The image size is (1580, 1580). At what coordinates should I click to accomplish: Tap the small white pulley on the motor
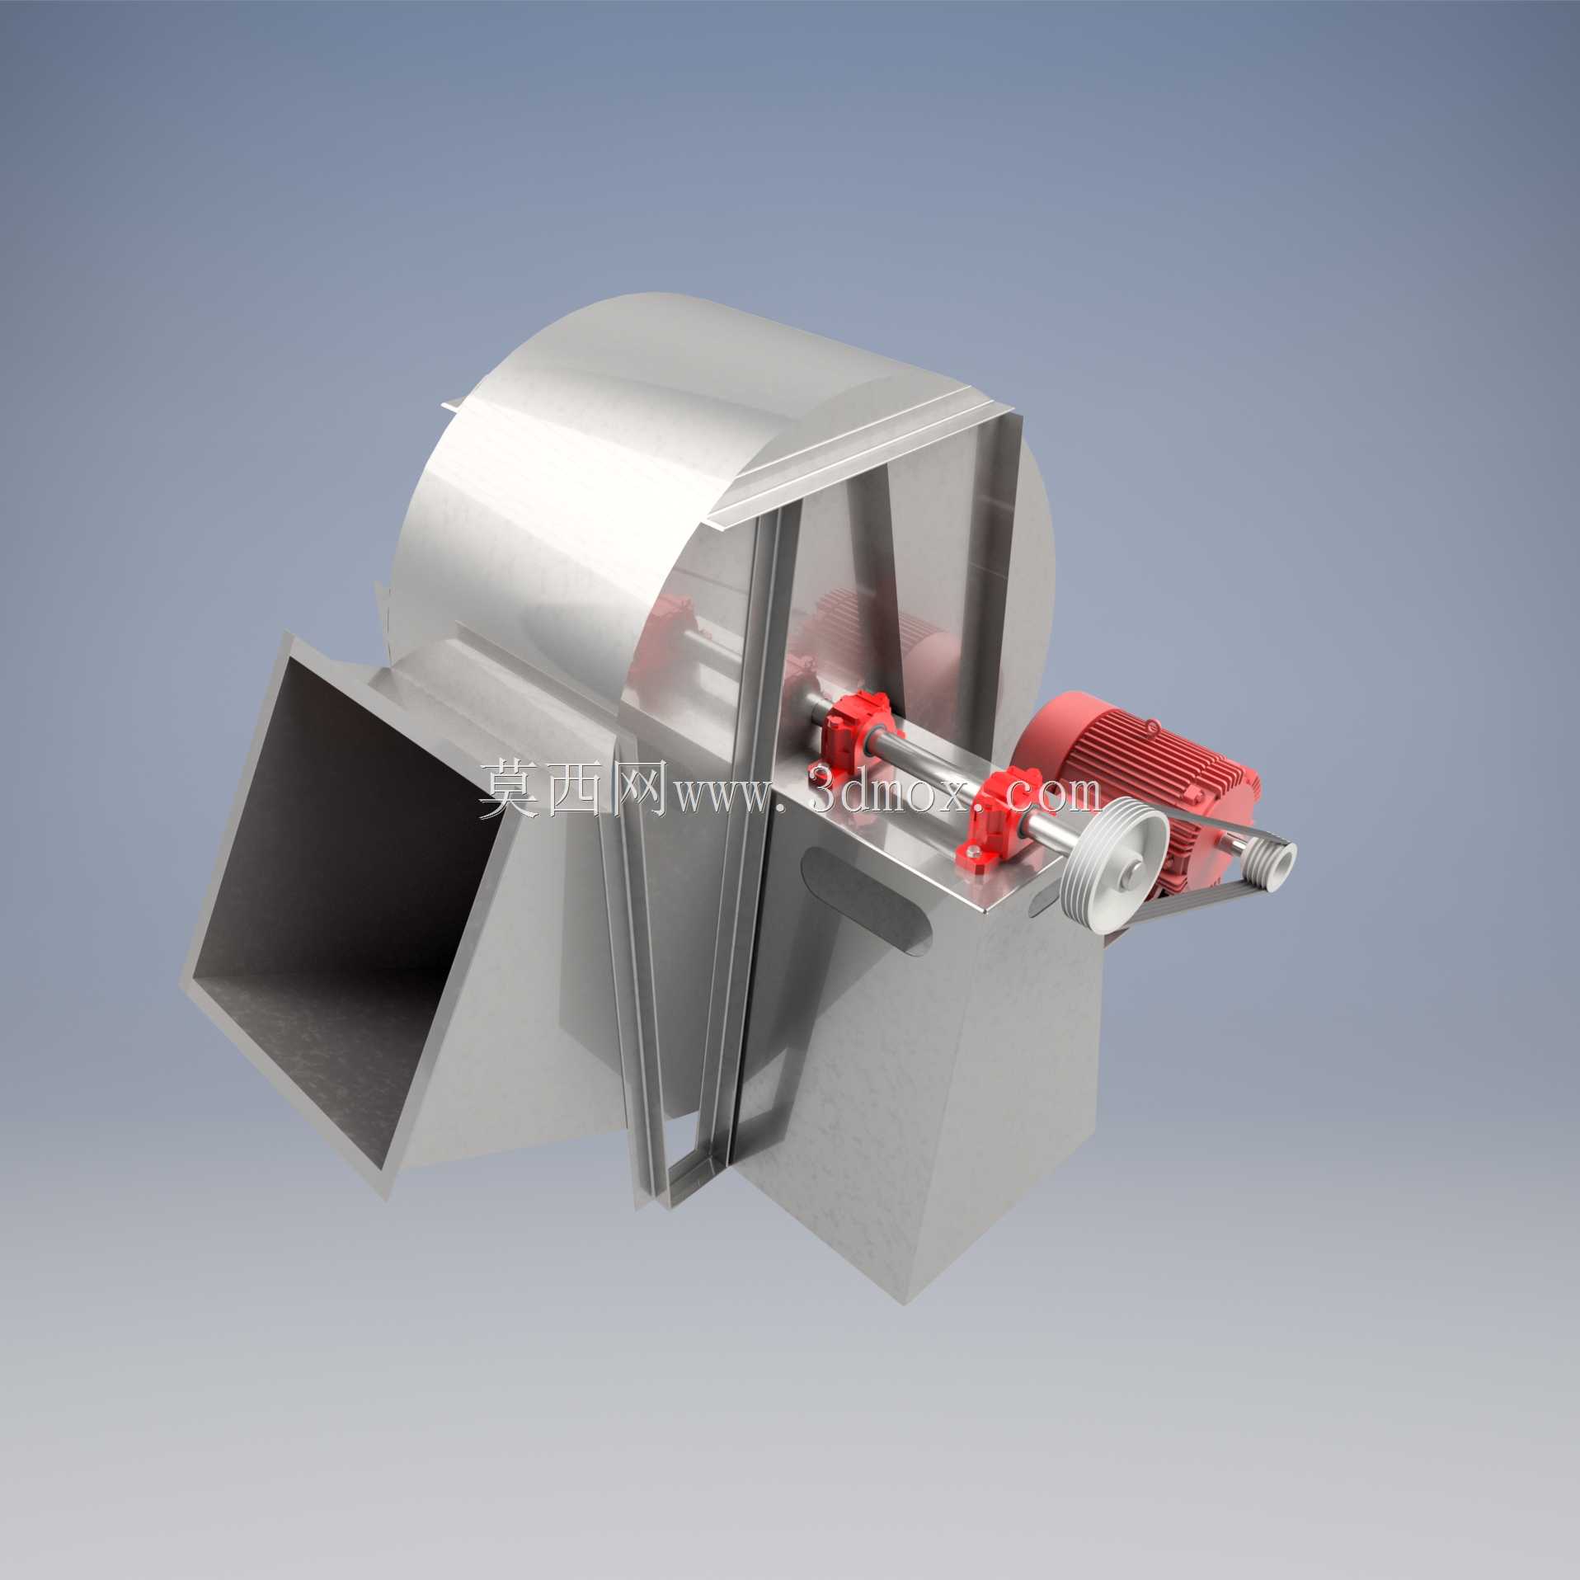coord(1270,865)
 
